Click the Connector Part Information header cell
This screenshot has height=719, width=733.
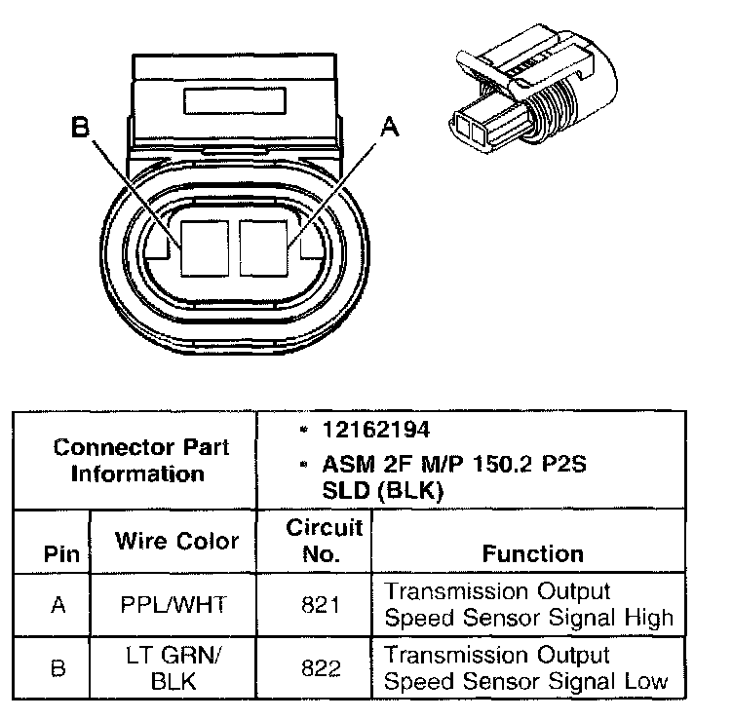[x=142, y=461]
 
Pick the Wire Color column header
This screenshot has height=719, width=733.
[x=176, y=541]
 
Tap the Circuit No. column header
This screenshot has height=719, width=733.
[x=325, y=542]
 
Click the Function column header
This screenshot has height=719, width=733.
[x=533, y=553]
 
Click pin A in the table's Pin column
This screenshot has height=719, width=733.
[x=58, y=605]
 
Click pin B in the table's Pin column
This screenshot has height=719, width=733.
[x=58, y=668]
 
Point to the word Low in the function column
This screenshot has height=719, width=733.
[x=644, y=680]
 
